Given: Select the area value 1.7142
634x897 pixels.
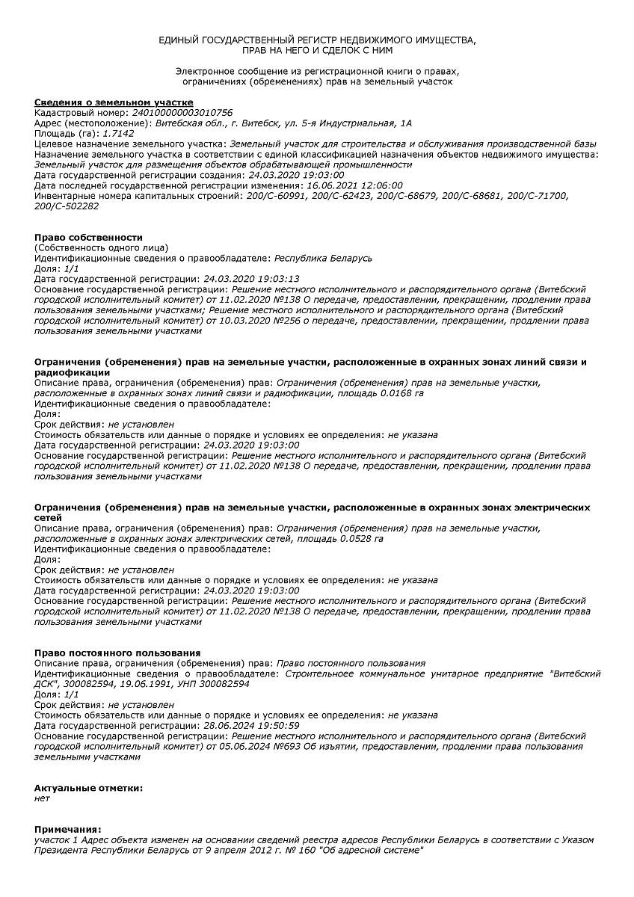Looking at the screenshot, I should tap(119, 132).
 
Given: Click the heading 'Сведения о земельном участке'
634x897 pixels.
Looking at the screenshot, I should tap(114, 102).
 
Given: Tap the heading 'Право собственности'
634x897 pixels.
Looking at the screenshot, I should tap(88, 237).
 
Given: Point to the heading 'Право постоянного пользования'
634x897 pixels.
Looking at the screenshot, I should tap(117, 653).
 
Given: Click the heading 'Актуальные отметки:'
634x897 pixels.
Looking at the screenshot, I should tap(88, 788).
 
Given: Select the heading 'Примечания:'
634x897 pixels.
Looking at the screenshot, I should tap(67, 829).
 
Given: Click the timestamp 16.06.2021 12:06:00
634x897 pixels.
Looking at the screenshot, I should tap(355, 185).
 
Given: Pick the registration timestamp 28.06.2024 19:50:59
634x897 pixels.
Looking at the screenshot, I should tap(251, 725).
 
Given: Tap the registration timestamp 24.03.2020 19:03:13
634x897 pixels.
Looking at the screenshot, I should tap(251, 279).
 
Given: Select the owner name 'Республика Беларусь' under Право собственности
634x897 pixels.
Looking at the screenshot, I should tap(323, 258).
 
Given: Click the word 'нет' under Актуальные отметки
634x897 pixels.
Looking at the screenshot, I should tap(42, 798).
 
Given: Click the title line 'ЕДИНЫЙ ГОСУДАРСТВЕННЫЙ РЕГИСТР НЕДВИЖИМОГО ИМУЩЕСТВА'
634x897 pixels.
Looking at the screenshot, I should tap(317, 39).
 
